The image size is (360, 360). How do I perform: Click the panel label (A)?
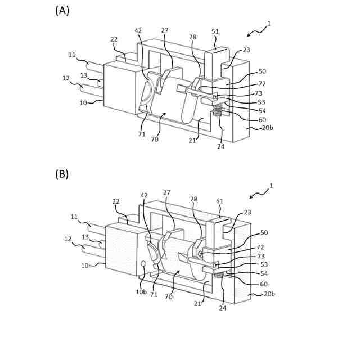click(62, 10)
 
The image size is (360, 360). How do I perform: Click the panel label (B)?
click(62, 174)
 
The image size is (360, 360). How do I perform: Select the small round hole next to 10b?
click(143, 263)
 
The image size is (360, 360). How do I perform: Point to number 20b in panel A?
click(268, 128)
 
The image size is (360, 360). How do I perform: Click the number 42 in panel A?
click(138, 31)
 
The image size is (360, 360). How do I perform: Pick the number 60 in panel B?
click(263, 284)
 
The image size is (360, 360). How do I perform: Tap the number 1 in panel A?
click(269, 24)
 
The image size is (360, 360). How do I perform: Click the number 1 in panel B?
click(272, 186)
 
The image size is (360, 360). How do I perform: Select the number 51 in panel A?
click(215, 32)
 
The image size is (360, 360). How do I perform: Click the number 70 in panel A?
click(154, 139)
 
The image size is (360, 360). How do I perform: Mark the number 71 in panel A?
click(142, 134)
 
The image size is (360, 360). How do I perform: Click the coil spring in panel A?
click(218, 115)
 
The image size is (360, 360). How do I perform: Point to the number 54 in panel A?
click(262, 110)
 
